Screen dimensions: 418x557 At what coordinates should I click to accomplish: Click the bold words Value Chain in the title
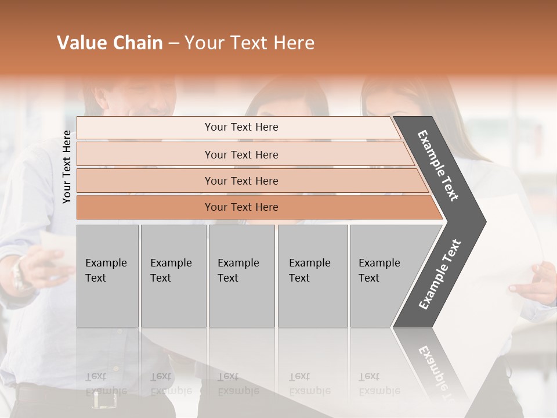click(x=110, y=43)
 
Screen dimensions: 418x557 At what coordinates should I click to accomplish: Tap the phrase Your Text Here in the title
click(x=249, y=43)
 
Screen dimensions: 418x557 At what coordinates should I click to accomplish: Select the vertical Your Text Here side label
click(x=67, y=167)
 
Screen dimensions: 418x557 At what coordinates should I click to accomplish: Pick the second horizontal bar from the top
click(x=241, y=154)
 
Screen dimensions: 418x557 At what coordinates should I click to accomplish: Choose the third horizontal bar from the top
click(x=241, y=181)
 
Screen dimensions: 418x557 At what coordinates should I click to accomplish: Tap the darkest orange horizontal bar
click(x=241, y=207)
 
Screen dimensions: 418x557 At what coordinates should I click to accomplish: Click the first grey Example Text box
click(x=107, y=275)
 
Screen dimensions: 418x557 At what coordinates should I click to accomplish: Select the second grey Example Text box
click(x=173, y=275)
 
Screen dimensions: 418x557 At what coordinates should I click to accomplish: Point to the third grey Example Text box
click(x=241, y=275)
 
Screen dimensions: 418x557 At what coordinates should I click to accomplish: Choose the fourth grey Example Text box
click(x=313, y=275)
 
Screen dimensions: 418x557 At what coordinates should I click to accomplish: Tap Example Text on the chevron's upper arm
click(x=438, y=166)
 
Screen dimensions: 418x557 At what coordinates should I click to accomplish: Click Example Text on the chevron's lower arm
click(x=439, y=274)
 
